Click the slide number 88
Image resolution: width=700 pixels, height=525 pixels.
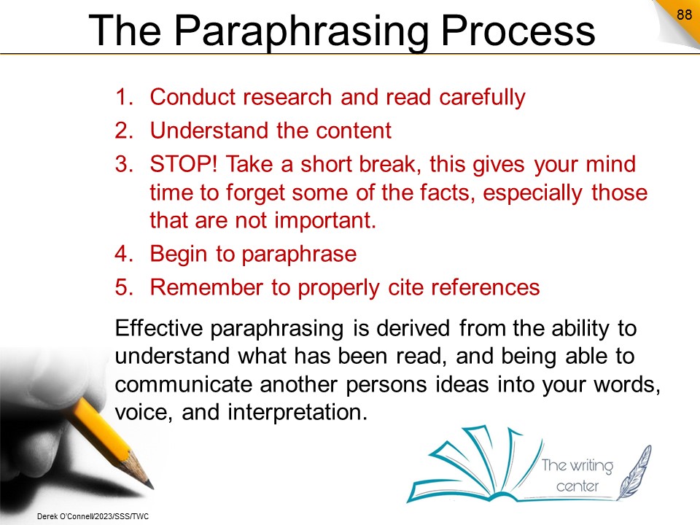pyautogui.click(x=684, y=15)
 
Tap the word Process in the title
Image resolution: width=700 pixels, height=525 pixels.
pyautogui.click(x=518, y=31)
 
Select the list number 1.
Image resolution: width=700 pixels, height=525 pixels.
pyautogui.click(x=124, y=97)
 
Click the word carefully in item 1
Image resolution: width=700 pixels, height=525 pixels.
pyautogui.click(x=482, y=98)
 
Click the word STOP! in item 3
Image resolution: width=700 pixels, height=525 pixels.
pyautogui.click(x=183, y=164)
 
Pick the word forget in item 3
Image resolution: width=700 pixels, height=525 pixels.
pyautogui.click(x=255, y=193)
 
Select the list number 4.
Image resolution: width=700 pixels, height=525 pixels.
pyautogui.click(x=124, y=254)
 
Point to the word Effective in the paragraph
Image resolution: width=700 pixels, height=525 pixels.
pyautogui.click(x=158, y=328)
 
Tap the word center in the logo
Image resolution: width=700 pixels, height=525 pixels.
pyautogui.click(x=577, y=486)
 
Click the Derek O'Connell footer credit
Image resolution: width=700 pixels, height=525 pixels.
pyautogui.click(x=93, y=516)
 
